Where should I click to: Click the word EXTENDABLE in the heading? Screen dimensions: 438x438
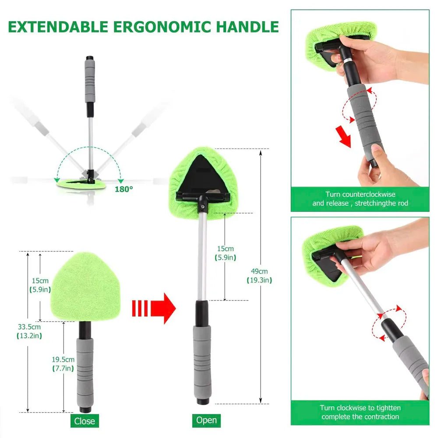click(57, 26)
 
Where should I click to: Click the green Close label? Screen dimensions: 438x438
click(85, 421)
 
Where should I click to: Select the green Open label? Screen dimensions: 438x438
click(206, 420)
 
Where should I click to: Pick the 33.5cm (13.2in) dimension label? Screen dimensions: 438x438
click(29, 332)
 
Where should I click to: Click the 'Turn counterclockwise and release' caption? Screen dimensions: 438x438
click(360, 198)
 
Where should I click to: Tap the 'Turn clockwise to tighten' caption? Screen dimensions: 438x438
click(360, 412)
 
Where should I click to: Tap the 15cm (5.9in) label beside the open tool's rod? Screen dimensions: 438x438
click(224, 254)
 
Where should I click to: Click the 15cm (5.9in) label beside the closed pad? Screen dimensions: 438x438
click(40, 285)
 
